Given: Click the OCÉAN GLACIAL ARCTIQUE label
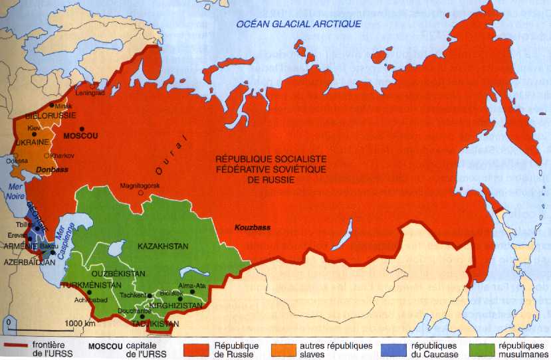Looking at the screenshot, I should point(299,24).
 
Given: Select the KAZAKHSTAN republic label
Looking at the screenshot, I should point(164,246).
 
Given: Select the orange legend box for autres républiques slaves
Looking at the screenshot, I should point(288,347).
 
